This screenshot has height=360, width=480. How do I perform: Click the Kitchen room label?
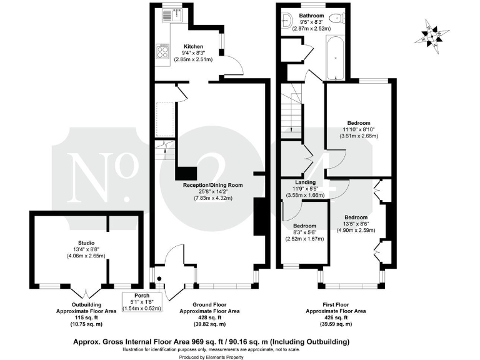pos(192,46)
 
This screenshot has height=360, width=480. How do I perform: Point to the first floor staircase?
pos(291,112)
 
